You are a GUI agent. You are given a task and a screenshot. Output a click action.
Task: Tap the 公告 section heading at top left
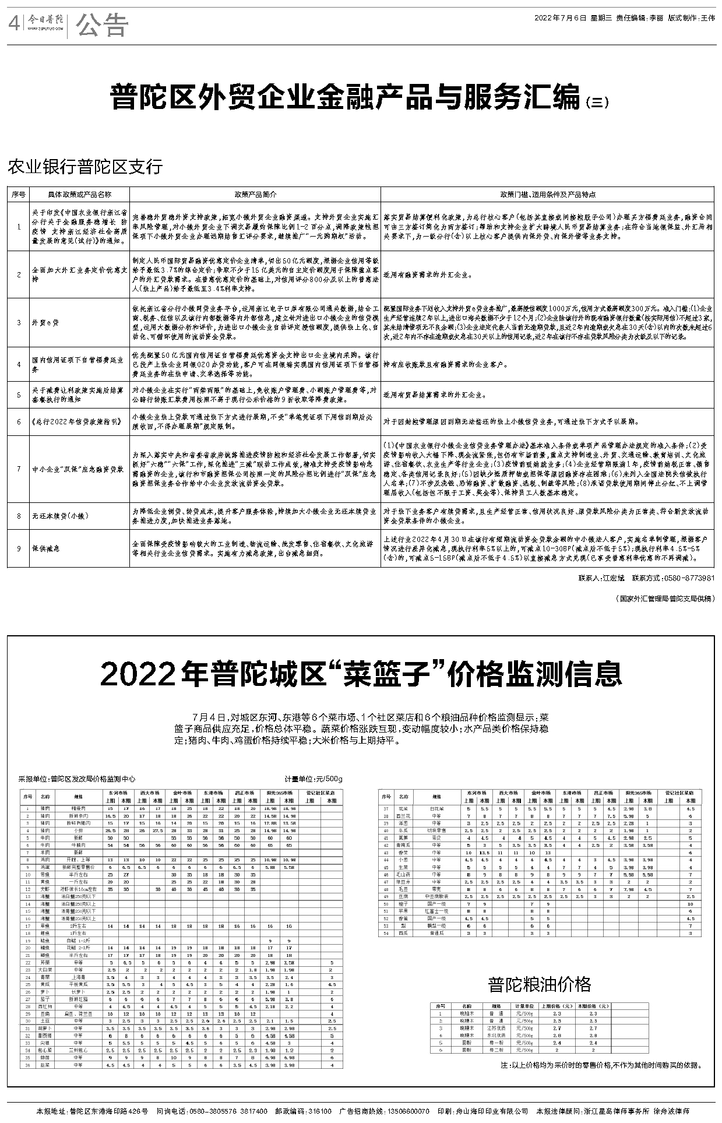point(101,24)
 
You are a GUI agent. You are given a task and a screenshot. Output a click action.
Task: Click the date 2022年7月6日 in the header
point(560,18)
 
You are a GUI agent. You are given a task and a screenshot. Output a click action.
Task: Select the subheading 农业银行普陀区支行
point(84,167)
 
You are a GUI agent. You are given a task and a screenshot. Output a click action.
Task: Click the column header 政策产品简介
point(255,195)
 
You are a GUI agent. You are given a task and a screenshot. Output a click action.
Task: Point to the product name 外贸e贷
point(45,322)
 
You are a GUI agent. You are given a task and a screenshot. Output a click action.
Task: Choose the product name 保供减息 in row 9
point(46,548)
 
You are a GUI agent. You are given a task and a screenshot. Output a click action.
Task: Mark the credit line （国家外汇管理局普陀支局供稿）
point(664,599)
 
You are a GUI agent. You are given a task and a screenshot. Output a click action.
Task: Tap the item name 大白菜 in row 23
point(45,970)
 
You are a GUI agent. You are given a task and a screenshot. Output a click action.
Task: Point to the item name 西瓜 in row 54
point(403,933)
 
